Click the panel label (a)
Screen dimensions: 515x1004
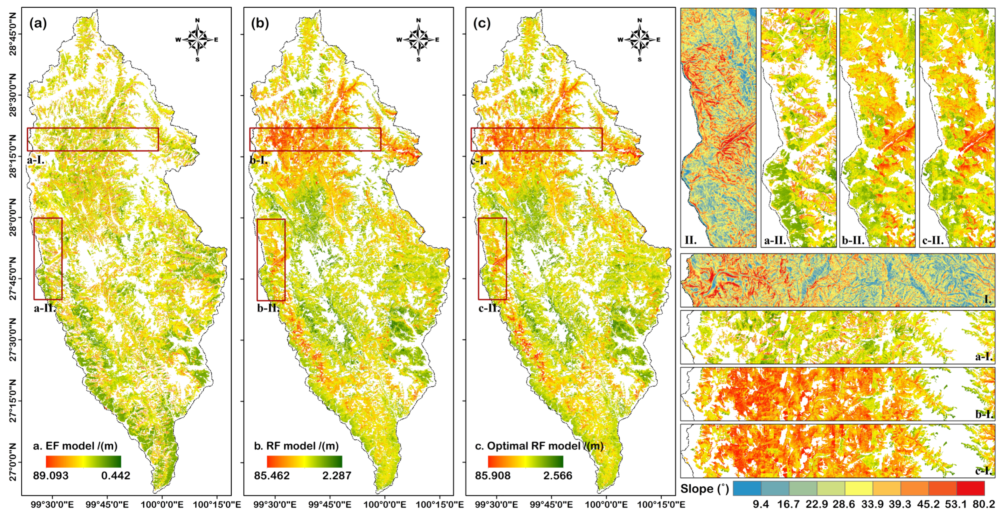(38, 24)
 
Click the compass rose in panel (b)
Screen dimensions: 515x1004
(418, 40)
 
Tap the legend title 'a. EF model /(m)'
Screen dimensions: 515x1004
(75, 446)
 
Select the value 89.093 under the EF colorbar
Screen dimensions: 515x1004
(51, 476)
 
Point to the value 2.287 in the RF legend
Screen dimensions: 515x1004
(337, 476)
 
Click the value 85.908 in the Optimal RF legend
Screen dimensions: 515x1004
(492, 476)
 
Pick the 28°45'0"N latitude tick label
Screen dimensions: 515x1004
(13, 34)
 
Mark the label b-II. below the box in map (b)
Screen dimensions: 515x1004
(268, 308)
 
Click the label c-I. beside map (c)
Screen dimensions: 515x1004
(479, 160)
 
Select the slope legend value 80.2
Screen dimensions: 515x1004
(984, 504)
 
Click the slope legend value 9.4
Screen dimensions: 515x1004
(760, 504)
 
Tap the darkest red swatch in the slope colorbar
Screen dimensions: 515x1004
(970, 488)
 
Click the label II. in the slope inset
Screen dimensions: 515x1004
(691, 240)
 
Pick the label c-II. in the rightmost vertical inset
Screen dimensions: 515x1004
(933, 241)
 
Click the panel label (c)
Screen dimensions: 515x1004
(482, 24)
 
